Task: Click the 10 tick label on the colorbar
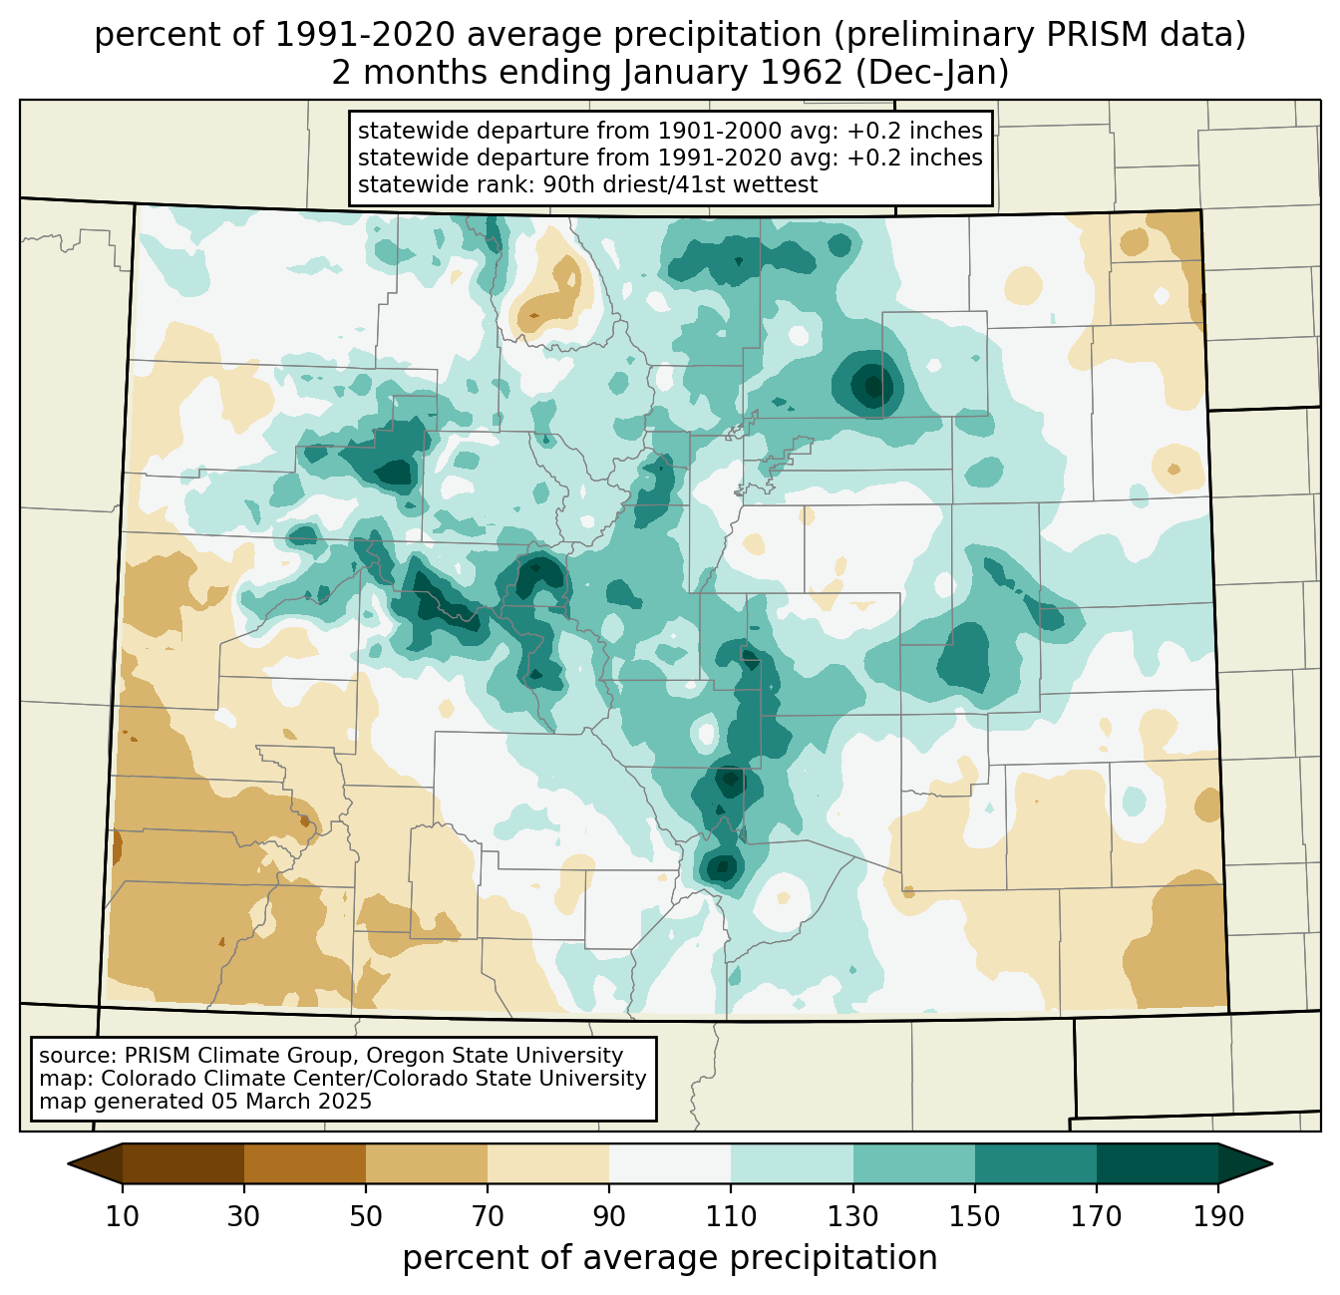pos(123,1217)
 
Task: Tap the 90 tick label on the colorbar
pos(609,1217)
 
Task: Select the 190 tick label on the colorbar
pos(1218,1217)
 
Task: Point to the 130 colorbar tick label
pos(853,1217)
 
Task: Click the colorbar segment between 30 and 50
pos(305,1163)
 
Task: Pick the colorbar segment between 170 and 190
pos(1158,1163)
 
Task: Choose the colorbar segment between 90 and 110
pos(670,1163)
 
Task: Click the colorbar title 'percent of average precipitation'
pos(670,1258)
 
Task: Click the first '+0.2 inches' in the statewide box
pos(914,131)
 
